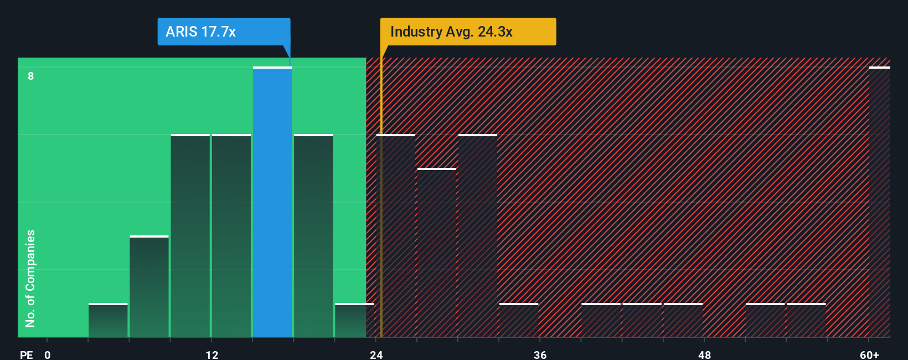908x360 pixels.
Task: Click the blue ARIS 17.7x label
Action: (224, 32)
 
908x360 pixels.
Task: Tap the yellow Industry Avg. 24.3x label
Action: (468, 32)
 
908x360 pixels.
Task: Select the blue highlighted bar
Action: (272, 202)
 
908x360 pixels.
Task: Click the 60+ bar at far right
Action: (879, 202)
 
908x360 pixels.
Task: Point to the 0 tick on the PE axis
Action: (48, 354)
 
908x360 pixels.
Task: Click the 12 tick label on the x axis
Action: (211, 354)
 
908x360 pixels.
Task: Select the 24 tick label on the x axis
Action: (376, 354)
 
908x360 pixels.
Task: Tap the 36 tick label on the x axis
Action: (540, 354)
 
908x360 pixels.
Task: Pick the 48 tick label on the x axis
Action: (704, 354)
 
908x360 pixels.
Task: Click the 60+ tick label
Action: (869, 354)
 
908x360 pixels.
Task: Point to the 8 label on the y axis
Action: (31, 76)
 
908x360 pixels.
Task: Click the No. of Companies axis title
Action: (30, 278)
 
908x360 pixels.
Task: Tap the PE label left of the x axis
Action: (26, 354)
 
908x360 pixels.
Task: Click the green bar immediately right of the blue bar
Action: (313, 235)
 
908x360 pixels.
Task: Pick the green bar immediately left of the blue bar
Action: (231, 235)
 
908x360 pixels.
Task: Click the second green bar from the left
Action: (149, 286)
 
